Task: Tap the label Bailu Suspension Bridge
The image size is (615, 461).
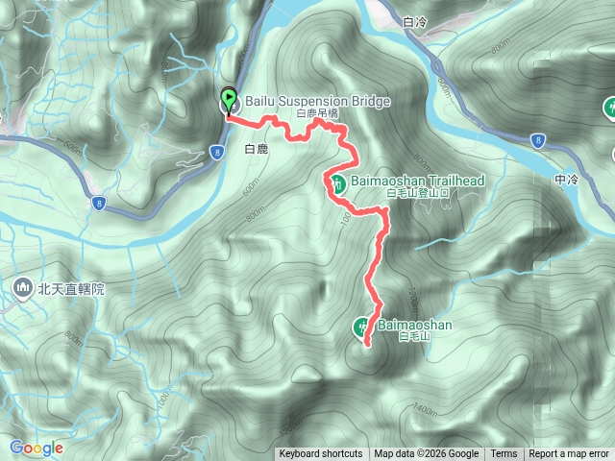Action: pyautogui.click(x=304, y=101)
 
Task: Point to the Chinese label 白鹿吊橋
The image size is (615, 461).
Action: pyautogui.click(x=318, y=113)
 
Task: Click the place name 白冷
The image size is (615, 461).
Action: pyautogui.click(x=415, y=21)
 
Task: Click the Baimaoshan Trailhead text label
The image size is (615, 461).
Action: pyautogui.click(x=416, y=181)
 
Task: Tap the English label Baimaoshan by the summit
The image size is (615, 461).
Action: pyautogui.click(x=415, y=325)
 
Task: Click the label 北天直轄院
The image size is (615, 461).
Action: pyautogui.click(x=71, y=287)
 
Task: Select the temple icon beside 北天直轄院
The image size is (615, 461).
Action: pyautogui.click(x=22, y=287)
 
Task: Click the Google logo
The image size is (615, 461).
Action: pyautogui.click(x=36, y=448)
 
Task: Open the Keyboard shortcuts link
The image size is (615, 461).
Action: pyautogui.click(x=321, y=454)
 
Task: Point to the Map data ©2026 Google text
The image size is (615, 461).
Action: pyautogui.click(x=426, y=454)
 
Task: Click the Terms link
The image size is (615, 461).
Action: pyautogui.click(x=504, y=454)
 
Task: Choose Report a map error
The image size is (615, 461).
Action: pyautogui.click(x=571, y=454)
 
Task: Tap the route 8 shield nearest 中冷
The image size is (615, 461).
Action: pyautogui.click(x=536, y=140)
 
